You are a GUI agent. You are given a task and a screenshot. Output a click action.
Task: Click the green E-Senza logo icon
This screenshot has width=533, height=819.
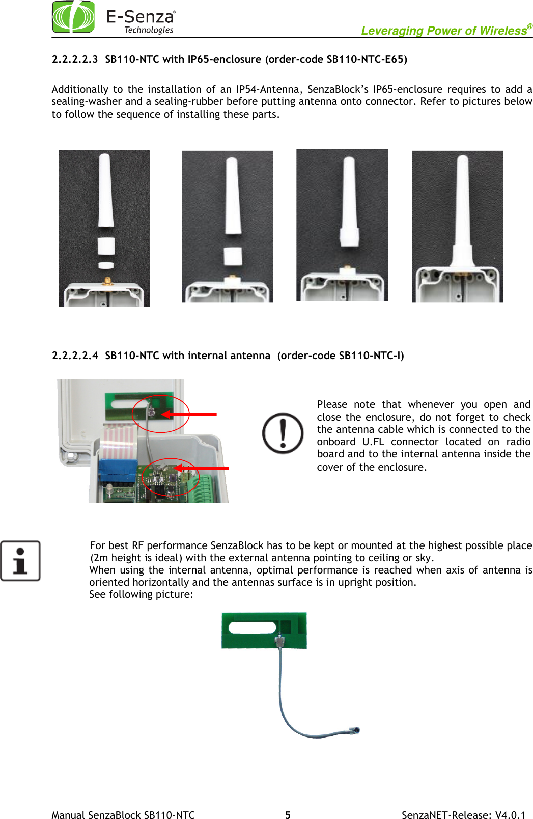pyautogui.click(x=73, y=17)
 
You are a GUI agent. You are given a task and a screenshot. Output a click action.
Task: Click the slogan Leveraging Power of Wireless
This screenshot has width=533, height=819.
pyautogui.click(x=443, y=31)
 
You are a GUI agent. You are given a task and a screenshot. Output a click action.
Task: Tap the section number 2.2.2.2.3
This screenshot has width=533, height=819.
pyautogui.click(x=74, y=59)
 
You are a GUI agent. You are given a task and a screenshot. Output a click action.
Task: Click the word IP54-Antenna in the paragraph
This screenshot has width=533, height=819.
pyautogui.click(x=268, y=89)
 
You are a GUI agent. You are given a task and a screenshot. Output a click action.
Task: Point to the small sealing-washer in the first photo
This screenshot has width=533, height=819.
pyautogui.click(x=106, y=265)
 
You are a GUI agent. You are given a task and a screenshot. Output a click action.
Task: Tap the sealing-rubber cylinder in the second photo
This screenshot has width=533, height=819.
pyautogui.click(x=233, y=256)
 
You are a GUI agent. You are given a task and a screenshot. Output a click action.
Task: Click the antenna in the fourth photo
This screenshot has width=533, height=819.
pyautogui.click(x=463, y=214)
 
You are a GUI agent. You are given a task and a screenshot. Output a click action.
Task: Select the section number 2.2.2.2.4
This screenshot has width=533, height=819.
pyautogui.click(x=74, y=356)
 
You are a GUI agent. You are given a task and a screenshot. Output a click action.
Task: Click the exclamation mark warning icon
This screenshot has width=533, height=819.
pyautogui.click(x=283, y=433)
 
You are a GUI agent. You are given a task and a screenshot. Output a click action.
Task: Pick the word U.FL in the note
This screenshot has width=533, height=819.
pyautogui.click(x=373, y=442)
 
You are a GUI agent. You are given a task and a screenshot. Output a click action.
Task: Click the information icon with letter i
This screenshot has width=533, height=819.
pyautogui.click(x=20, y=561)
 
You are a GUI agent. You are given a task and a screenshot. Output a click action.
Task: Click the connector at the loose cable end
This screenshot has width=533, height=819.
pyautogui.click(x=355, y=730)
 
